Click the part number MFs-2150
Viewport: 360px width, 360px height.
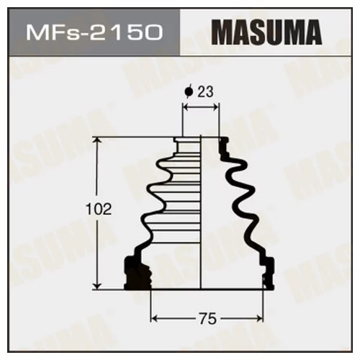pos(94,32)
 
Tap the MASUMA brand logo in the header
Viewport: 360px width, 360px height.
pos(266,32)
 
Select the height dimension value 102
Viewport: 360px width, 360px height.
pos(99,210)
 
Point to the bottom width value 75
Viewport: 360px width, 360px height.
pos(207,319)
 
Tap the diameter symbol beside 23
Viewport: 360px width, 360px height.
pos(188,91)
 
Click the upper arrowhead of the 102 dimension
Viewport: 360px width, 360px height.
pos(97,141)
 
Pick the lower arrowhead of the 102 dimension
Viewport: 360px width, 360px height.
pos(97,286)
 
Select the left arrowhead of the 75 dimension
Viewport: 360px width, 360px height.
pos(154,319)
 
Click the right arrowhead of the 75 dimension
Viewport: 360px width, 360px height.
pos(260,319)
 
